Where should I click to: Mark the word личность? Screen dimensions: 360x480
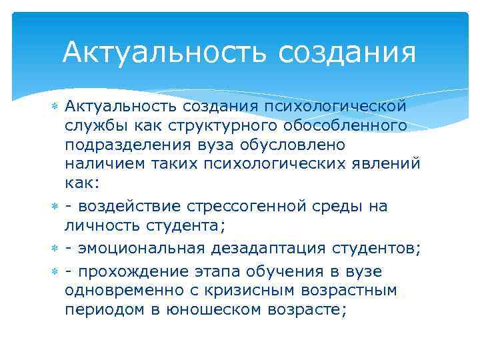click(x=104, y=225)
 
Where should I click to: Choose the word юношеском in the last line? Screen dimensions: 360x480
click(x=213, y=309)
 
